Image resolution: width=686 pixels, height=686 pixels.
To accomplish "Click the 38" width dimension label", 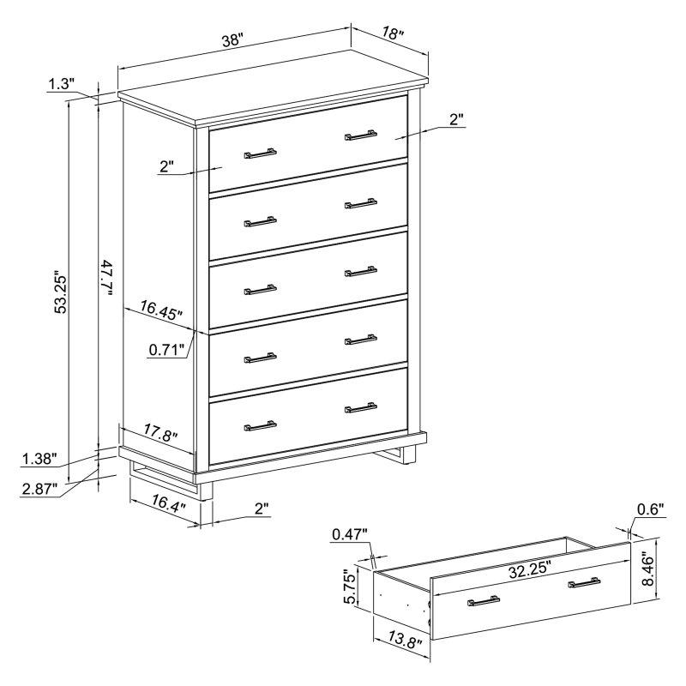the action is [232, 40].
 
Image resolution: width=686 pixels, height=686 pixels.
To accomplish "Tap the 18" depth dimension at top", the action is [393, 33].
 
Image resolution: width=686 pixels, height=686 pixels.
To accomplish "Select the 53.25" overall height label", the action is [60, 293].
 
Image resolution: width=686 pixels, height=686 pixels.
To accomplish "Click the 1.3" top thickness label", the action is [61, 83].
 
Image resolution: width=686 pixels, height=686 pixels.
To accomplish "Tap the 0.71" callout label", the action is [166, 349].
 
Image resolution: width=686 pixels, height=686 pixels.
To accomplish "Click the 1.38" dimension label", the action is [39, 459].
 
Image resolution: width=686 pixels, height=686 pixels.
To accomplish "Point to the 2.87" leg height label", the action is [39, 488].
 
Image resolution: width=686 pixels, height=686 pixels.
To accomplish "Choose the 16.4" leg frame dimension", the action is [169, 502].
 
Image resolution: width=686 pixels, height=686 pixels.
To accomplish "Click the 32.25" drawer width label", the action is [529, 569].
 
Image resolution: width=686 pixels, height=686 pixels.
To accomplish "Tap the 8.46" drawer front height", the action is [648, 569].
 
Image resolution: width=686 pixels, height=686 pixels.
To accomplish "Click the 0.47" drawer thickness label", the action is [350, 533].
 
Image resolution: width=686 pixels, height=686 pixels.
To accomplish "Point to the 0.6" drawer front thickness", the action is [651, 508].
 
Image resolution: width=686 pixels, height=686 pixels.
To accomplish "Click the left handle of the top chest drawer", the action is [260, 153].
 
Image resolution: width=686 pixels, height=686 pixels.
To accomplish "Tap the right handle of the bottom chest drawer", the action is [361, 408].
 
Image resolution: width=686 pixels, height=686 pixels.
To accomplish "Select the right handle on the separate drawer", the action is [584, 583].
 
